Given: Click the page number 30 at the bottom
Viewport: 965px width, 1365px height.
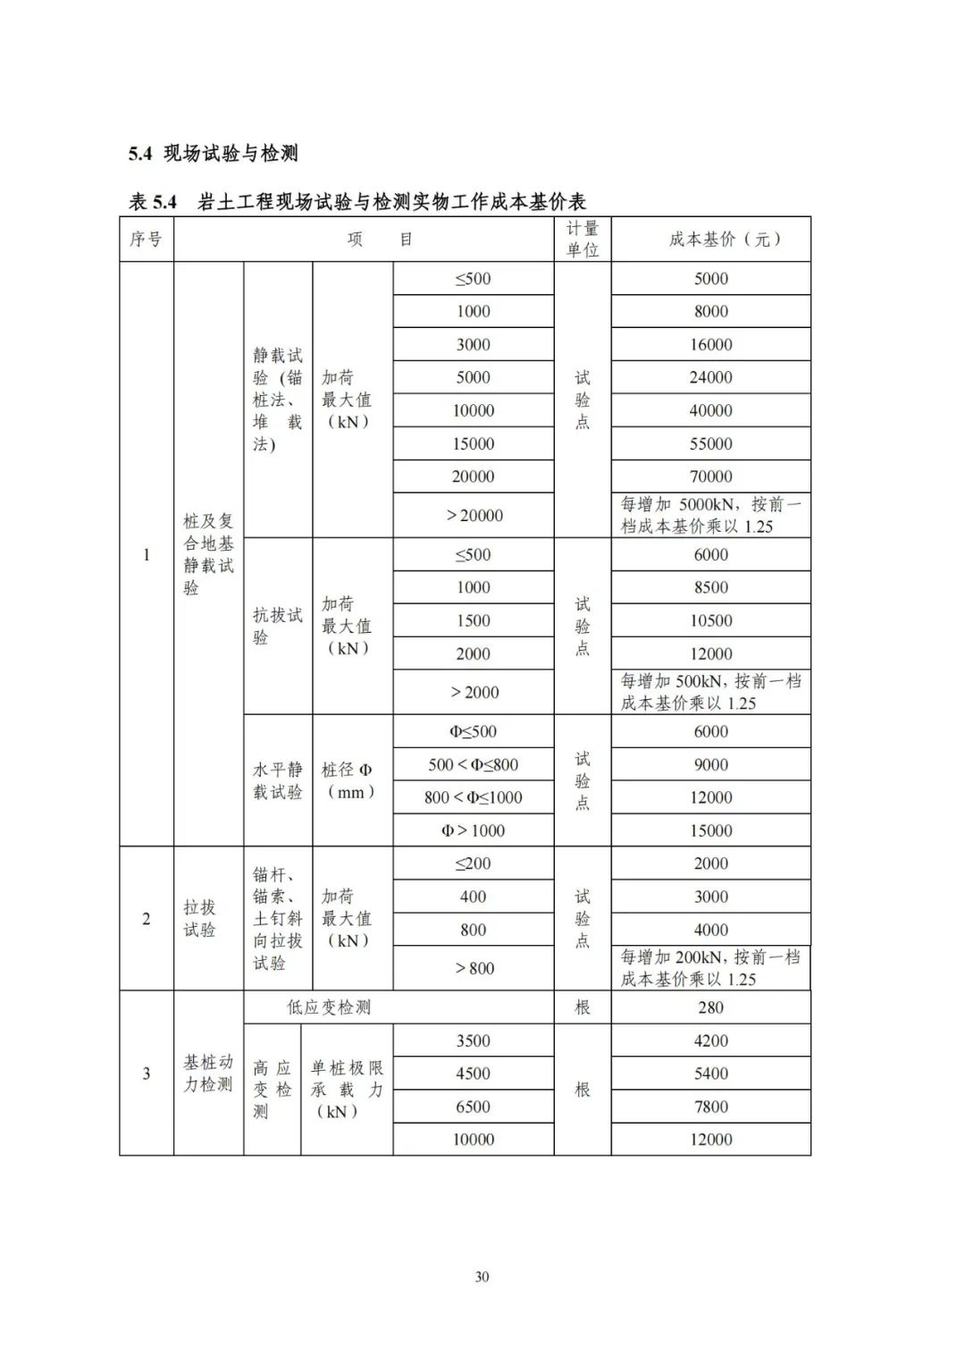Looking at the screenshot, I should (482, 1277).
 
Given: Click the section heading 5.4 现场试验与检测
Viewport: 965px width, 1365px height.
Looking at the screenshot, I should (213, 154).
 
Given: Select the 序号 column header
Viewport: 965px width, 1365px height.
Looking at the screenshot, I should (146, 240).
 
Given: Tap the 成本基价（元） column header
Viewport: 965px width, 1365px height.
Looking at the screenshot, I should (710, 240).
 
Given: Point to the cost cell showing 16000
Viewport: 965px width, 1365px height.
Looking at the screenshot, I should (710, 344).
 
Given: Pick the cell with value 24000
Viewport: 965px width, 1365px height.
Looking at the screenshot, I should (710, 377).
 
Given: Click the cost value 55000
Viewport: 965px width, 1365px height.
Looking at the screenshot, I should (710, 443).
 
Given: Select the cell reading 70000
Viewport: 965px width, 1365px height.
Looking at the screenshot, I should (710, 476).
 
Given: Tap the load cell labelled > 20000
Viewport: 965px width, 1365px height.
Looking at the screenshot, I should (474, 515).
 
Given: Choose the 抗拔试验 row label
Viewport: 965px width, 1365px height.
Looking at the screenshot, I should (277, 626).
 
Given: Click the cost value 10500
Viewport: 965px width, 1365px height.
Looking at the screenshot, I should (710, 620).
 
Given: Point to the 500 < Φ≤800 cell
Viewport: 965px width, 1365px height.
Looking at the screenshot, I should (473, 764).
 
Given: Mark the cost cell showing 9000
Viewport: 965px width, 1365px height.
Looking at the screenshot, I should (710, 764).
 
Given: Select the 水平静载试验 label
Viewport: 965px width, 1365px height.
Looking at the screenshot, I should (277, 780).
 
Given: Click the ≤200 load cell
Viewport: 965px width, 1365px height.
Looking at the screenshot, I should (473, 864).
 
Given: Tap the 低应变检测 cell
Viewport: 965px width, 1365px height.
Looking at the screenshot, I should (328, 1007).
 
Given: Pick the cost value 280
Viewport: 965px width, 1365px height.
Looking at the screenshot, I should (710, 1007).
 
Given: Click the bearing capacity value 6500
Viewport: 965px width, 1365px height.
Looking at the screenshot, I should (473, 1107).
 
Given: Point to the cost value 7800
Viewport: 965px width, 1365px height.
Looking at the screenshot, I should (710, 1107).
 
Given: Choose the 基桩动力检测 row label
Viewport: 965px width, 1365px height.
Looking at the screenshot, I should (207, 1073).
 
